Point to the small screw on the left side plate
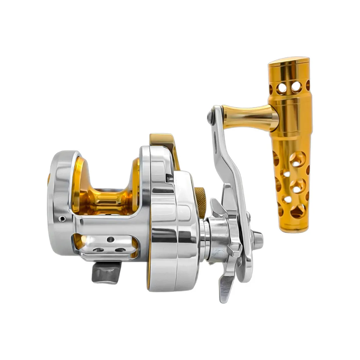tap(62, 219)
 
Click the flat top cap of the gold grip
tap(288, 61)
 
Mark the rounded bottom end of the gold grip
tap(294, 229)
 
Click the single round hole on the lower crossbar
tap(110, 239)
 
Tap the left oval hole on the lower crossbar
tap(98, 250)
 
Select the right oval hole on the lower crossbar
tap(120, 250)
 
